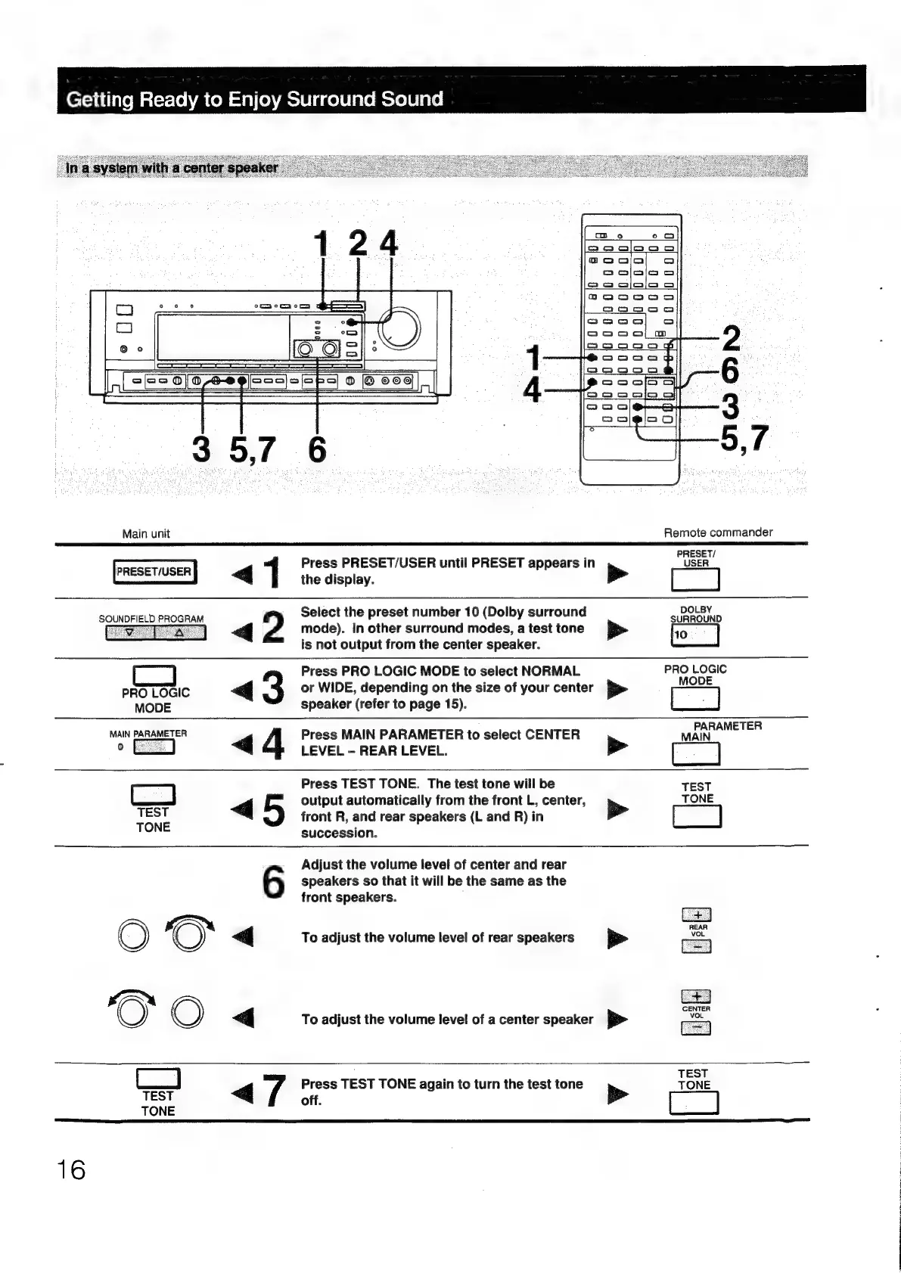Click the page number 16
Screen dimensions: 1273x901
[72, 1170]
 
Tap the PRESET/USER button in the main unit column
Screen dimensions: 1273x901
[154, 572]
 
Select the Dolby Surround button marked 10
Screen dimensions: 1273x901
[694, 635]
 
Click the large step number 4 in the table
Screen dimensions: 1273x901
[272, 743]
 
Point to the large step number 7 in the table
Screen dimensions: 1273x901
[273, 1091]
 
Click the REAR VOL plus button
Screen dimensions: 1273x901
[696, 914]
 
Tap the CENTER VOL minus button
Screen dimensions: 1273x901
[696, 1027]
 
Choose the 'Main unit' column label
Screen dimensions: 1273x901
[146, 533]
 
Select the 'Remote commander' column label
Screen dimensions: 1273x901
[718, 532]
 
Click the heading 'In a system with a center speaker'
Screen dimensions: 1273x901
[172, 168]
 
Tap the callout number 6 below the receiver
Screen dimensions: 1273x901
[317, 450]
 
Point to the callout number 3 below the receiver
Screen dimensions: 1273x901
[201, 450]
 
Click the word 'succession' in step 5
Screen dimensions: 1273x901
[338, 833]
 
